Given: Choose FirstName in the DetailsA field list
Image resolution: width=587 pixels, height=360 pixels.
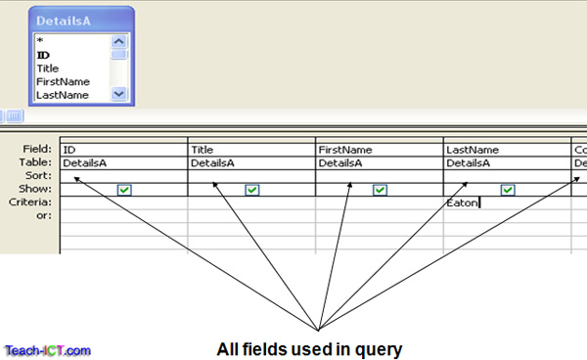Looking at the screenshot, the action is pyautogui.click(x=62, y=82).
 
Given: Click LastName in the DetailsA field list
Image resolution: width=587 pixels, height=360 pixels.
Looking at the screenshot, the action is pyautogui.click(x=62, y=95).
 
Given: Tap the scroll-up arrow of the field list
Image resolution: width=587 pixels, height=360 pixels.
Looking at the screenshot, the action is pyautogui.click(x=119, y=43).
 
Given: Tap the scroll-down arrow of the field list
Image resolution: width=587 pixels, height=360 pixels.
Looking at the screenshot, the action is pyautogui.click(x=119, y=94).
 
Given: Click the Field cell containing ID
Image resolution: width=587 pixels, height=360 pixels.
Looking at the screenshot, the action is pyautogui.click(x=123, y=150).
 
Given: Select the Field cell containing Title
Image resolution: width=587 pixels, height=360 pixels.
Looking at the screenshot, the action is pyautogui.click(x=251, y=150).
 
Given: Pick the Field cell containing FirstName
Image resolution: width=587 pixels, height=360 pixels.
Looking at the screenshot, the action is pyautogui.click(x=380, y=150).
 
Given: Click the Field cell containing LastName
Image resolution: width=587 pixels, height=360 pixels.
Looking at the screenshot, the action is pyautogui.click(x=507, y=150).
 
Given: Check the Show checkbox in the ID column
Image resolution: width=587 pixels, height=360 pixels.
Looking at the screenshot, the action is pyautogui.click(x=124, y=190).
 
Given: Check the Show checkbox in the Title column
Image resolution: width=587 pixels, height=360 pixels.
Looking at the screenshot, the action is pyautogui.click(x=252, y=190).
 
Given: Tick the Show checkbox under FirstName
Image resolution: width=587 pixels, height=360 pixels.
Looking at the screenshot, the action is pyautogui.click(x=380, y=190).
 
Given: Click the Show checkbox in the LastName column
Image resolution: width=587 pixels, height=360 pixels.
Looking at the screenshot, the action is pyautogui.click(x=508, y=190).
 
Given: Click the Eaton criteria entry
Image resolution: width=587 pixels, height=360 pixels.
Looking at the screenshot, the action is pyautogui.click(x=462, y=203).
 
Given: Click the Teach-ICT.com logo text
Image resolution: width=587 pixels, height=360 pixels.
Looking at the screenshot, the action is pyautogui.click(x=47, y=349).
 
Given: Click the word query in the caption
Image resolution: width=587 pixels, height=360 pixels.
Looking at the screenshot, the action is pyautogui.click(x=383, y=347).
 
